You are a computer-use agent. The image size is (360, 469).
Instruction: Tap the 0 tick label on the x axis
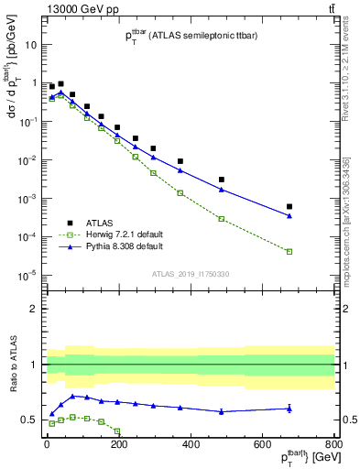click(46, 446)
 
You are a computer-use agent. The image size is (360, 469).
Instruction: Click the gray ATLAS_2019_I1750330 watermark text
click(190, 273)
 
